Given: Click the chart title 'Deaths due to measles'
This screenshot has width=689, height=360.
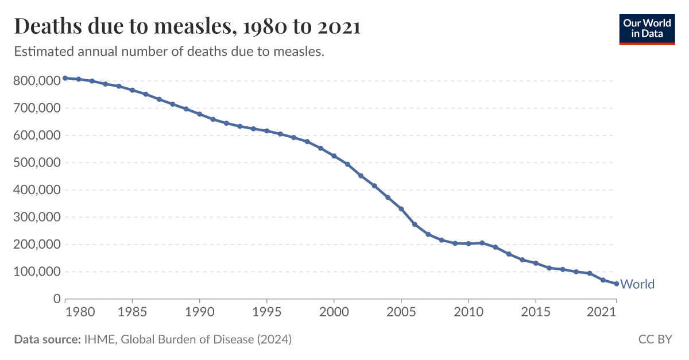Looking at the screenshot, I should [x=187, y=26].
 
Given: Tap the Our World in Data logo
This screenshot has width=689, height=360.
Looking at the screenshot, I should [x=647, y=28].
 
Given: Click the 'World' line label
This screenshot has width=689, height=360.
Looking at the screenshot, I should [x=637, y=284].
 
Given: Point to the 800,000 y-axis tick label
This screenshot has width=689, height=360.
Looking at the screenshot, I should [x=37, y=81].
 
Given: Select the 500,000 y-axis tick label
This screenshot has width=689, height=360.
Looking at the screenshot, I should [x=37, y=162].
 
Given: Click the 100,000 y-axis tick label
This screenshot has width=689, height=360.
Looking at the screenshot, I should [x=37, y=272].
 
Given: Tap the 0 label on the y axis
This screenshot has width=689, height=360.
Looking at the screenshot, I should [x=56, y=299].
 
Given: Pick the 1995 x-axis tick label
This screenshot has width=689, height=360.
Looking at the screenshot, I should [x=266, y=312].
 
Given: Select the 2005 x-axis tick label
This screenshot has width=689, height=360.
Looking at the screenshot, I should [x=401, y=312].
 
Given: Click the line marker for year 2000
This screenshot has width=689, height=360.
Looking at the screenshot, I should [x=334, y=156].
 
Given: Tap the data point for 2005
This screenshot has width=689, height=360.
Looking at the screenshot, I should [x=401, y=209].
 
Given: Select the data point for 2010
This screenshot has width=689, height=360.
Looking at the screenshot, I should [x=468, y=243].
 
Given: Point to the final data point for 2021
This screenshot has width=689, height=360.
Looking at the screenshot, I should [x=616, y=284].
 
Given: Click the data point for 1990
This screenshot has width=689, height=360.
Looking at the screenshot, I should [x=199, y=114].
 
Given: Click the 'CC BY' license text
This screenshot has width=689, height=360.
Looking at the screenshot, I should [x=655, y=340].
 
